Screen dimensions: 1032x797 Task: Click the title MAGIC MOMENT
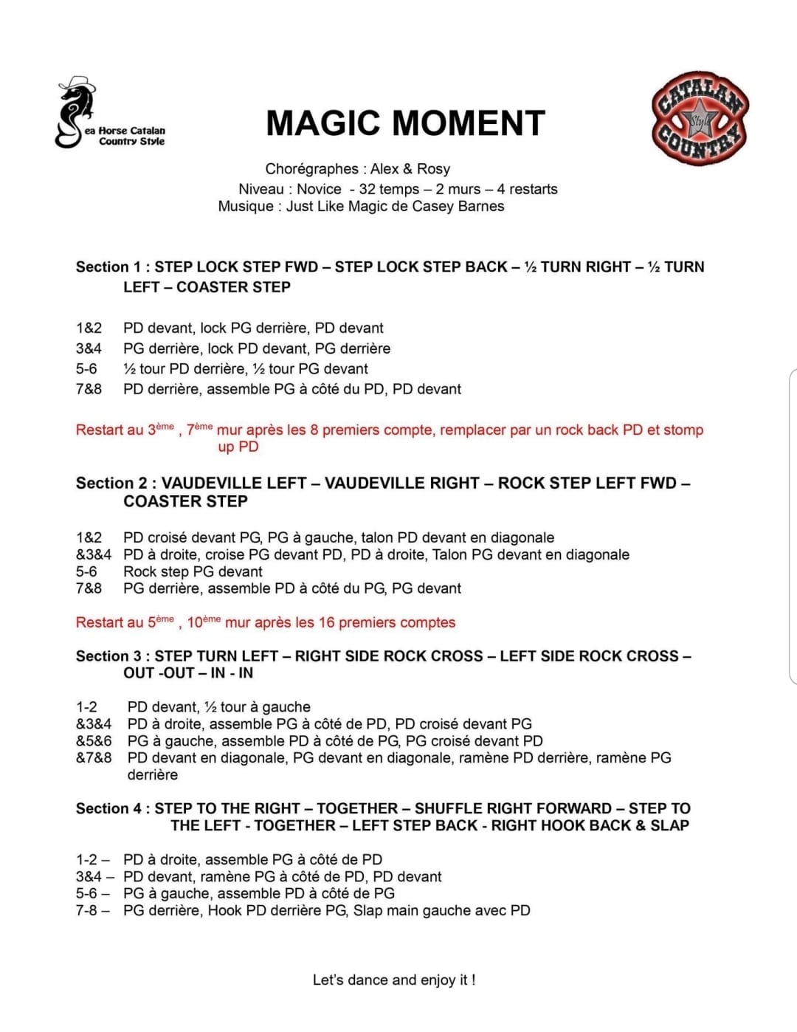point(405,123)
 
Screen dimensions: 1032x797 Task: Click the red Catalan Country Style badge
point(699,118)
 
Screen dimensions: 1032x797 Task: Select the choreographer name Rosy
point(433,169)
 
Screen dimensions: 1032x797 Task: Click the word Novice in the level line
point(319,189)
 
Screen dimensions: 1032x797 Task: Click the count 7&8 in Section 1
point(89,389)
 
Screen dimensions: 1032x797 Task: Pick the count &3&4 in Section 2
point(94,554)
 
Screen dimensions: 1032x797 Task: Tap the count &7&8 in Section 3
point(94,757)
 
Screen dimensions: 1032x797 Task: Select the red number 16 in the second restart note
point(326,622)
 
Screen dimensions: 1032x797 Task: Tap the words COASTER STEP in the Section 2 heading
point(185,501)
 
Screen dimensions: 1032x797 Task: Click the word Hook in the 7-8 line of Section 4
point(225,910)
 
